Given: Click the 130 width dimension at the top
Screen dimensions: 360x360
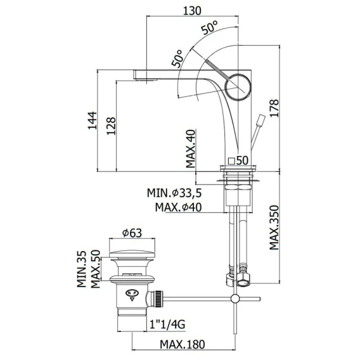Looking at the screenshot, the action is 192,11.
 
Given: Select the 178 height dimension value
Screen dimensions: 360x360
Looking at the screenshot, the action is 274,108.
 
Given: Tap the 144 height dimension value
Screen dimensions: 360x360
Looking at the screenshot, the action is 93,120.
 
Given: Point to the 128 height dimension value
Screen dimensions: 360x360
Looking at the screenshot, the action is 111,126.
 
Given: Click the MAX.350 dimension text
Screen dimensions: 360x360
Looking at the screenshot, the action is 274,228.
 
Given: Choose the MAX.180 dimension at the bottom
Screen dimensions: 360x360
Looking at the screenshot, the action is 183,344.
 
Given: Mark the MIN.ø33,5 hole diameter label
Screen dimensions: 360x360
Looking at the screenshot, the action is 174,193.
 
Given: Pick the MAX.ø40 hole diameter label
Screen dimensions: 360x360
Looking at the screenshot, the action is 178,207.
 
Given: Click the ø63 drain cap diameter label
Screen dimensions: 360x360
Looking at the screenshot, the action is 132,233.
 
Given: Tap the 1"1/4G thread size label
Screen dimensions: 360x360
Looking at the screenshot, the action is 167,325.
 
